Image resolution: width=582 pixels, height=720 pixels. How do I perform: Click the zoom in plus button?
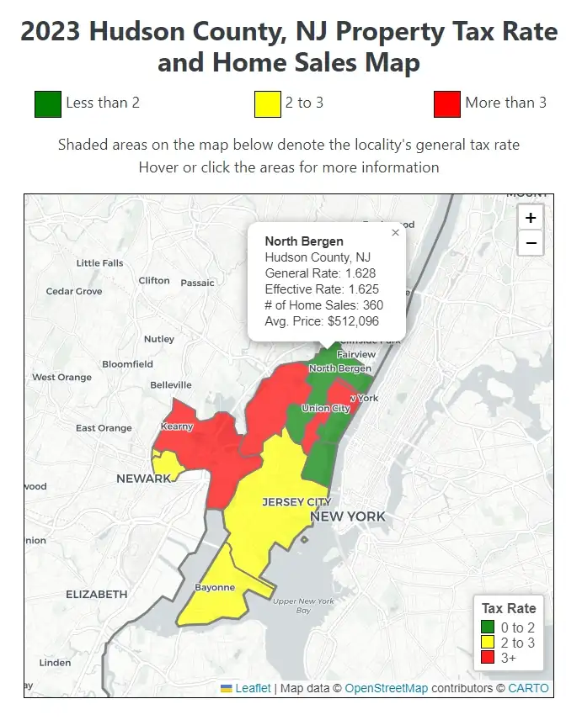pos(531,218)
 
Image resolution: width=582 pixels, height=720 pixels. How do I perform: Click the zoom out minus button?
pos(531,243)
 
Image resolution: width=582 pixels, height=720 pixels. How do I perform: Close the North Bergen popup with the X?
pos(395,233)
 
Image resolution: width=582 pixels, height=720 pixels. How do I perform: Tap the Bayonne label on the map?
pos(215,587)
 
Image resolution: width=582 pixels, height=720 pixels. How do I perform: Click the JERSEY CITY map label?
pos(296,502)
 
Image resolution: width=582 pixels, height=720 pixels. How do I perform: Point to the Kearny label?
pos(177,426)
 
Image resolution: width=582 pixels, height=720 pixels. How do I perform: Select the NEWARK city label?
pos(143,478)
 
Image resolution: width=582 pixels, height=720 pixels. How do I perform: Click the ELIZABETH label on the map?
pos(97,594)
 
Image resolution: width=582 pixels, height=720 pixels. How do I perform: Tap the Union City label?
pos(326,409)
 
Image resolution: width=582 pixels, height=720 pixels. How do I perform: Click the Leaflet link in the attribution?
pos(253,688)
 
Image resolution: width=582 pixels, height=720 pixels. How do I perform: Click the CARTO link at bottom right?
pos(528,688)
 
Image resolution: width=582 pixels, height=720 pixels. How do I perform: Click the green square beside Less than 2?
pos(47,103)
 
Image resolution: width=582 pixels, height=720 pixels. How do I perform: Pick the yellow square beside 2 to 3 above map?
pos(267,103)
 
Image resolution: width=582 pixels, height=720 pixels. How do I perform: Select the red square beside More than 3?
pos(446,103)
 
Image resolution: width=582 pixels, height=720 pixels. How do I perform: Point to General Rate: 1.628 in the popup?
pos(320,273)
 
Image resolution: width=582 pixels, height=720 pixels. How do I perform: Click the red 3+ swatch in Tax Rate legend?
pos(487,658)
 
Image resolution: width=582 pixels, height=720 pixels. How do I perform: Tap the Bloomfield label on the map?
pos(127,364)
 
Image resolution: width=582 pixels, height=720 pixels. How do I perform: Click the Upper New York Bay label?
pos(303,606)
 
